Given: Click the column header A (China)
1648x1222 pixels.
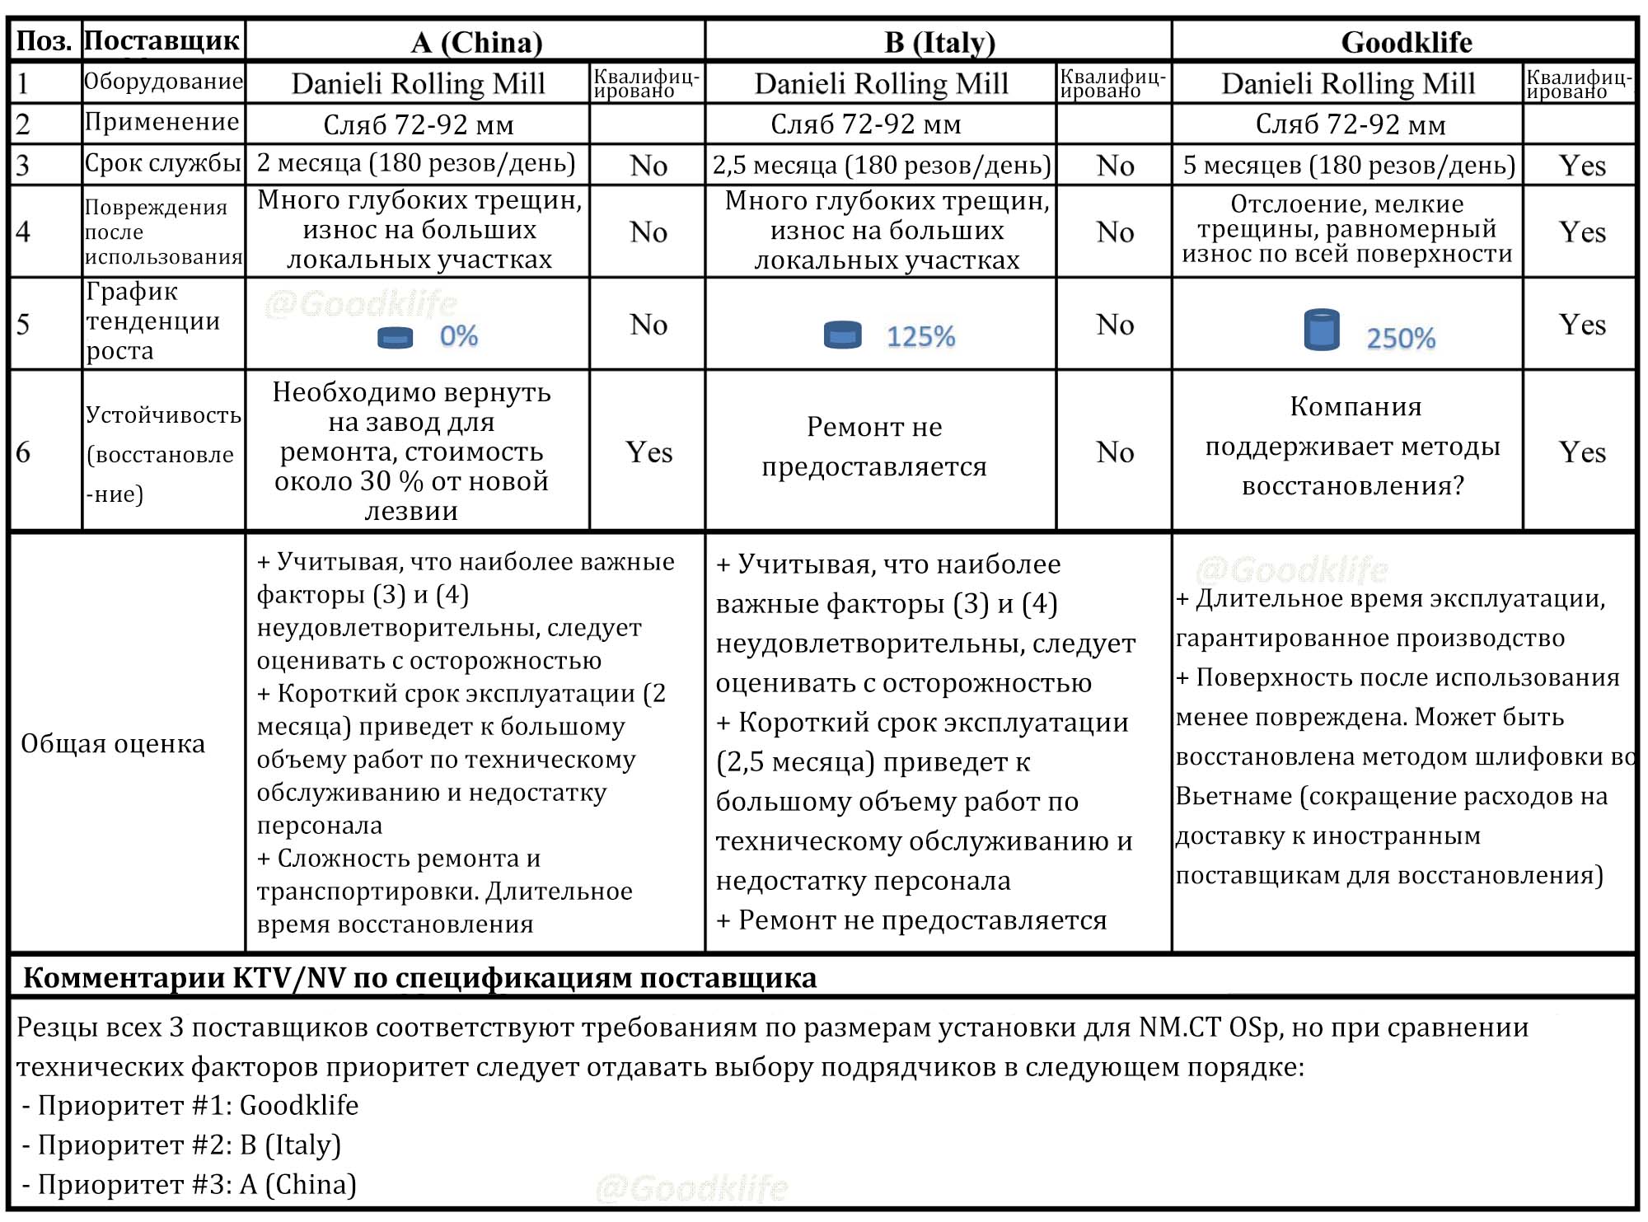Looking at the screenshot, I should point(476,42).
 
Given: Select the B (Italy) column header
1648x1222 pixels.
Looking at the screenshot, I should point(939,42).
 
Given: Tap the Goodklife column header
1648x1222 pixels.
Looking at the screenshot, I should point(1406,42).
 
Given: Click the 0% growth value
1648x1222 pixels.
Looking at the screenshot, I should point(458,336).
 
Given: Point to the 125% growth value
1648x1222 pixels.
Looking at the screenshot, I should point(920,337).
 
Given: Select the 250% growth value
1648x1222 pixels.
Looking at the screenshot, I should point(1401,338).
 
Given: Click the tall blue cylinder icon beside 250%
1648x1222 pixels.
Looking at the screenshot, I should point(1322,330).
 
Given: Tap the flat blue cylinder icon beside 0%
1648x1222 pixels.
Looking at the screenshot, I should point(395,337).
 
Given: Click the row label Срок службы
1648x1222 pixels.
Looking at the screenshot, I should point(163,163).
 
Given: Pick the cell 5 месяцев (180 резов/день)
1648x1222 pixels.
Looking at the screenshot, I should point(1348,165).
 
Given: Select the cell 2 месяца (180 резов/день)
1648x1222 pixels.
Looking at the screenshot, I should point(416,163).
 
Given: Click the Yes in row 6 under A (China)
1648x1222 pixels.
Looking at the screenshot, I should point(648,452).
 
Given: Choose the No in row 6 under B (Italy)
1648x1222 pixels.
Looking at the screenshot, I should point(1115,452).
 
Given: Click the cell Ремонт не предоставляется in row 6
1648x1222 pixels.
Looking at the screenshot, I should point(873,447).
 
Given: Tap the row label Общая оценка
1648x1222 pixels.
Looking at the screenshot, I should point(113,743).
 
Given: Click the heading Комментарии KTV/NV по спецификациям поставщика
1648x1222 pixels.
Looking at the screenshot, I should point(419,977).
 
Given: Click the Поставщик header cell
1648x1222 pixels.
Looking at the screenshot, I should point(162,40).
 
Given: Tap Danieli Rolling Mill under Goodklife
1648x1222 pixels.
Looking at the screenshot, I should point(1348,83).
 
